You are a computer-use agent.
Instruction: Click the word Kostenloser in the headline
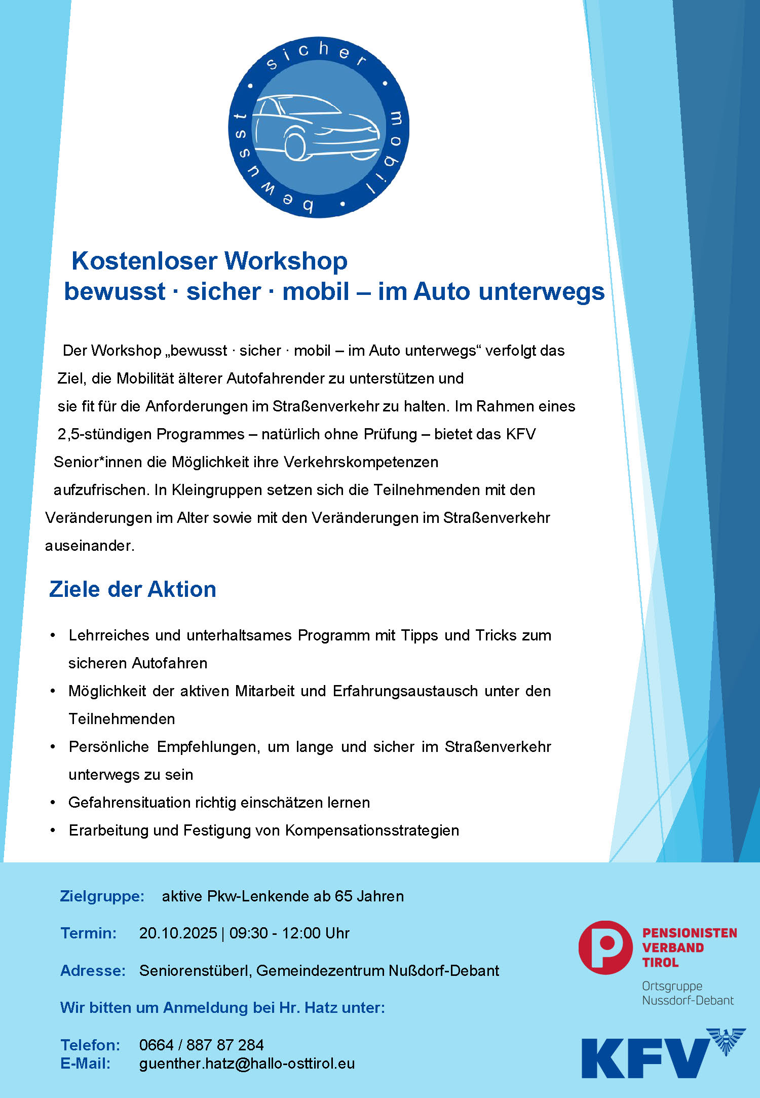(x=145, y=261)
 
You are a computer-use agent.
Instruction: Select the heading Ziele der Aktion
(x=133, y=589)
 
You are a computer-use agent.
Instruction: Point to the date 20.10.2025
(x=178, y=933)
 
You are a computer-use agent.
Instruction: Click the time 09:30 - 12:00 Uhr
(x=289, y=933)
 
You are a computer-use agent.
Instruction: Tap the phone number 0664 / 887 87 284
(x=201, y=1044)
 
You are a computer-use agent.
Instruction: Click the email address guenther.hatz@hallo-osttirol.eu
(x=247, y=1063)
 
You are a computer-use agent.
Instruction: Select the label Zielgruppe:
(x=102, y=896)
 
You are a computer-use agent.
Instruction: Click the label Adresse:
(x=93, y=970)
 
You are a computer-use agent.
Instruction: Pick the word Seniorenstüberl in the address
(x=195, y=970)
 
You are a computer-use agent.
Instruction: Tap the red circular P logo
(x=605, y=948)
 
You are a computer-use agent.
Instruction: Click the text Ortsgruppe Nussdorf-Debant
(x=688, y=993)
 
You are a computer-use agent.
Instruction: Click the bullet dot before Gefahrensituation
(x=53, y=802)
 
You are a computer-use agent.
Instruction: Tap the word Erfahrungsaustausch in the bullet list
(x=405, y=691)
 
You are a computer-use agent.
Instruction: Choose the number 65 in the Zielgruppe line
(x=343, y=896)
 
